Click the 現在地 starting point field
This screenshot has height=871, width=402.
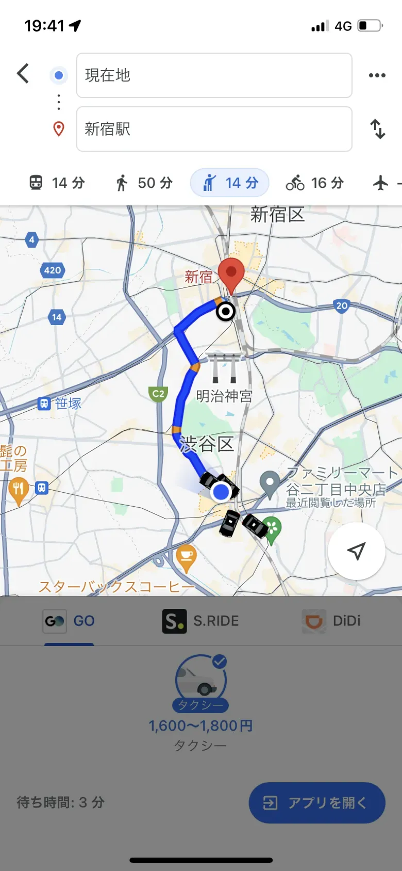pos(214,75)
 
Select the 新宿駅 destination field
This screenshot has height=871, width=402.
pos(214,129)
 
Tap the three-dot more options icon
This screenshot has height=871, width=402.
pos(377,75)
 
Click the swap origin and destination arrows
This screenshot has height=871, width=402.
pos(378,129)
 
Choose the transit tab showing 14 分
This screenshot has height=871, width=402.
pos(57,183)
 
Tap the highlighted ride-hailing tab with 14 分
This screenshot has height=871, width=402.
pos(230,183)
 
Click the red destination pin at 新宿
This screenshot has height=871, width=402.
pos(231,273)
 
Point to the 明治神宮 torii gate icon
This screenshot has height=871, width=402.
pos(224,367)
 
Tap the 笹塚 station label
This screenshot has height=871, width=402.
pos(61,404)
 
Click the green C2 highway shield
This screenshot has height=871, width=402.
pos(158,394)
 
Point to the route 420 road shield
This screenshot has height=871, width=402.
pos(53,270)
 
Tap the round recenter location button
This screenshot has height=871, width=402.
pos(356,551)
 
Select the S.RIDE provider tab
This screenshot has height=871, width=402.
pos(201,621)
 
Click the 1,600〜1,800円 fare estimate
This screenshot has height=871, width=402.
pos(201,725)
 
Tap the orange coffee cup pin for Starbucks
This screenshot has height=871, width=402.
pos(186,557)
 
